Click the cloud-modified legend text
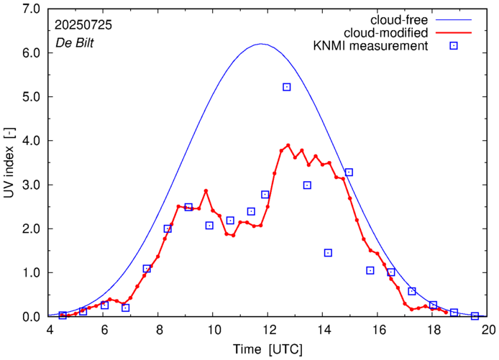pos(388,33)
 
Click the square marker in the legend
pos(453,47)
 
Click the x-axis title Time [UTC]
pos(267,349)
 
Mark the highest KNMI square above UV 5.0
pos(286,87)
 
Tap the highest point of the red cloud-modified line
pos(288,145)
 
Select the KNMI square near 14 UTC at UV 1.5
pos(328,252)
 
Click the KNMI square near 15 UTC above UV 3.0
pos(349,172)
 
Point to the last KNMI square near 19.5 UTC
pos(475,316)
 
